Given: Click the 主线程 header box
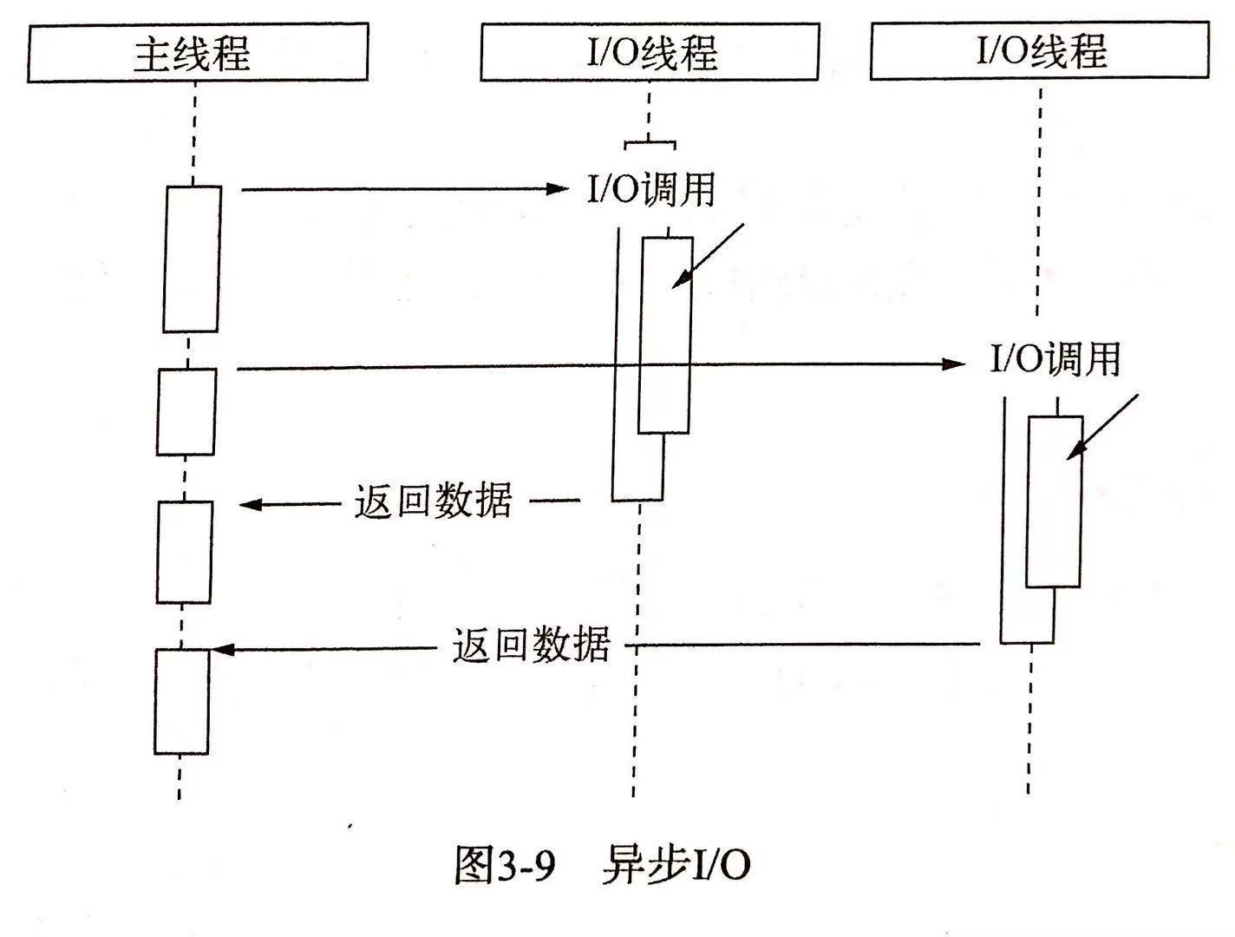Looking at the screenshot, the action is [x=198, y=52].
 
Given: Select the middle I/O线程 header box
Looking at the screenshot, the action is [x=650, y=52].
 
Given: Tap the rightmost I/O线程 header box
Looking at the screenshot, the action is [x=1040, y=50].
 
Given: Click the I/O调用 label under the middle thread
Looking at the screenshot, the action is [x=651, y=189].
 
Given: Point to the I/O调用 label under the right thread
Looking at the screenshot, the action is [x=1055, y=358].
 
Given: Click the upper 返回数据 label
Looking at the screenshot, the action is [x=433, y=501].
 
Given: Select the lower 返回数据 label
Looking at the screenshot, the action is [x=531, y=644].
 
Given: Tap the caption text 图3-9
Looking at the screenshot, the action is [x=505, y=865].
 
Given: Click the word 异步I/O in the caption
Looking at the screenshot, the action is [x=676, y=865].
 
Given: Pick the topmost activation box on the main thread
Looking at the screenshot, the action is [x=192, y=259].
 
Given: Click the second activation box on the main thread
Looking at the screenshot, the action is [x=186, y=412].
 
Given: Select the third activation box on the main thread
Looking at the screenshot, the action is [x=184, y=552].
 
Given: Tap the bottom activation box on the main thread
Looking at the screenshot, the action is [x=182, y=702].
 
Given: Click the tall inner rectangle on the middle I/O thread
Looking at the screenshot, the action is [x=665, y=336].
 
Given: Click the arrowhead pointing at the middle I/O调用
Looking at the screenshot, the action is [x=559, y=188].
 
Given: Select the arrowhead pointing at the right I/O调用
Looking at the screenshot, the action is [x=954, y=364].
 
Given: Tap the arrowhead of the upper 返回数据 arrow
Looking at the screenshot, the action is [x=251, y=504].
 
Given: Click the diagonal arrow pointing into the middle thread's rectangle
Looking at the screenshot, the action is [x=708, y=256].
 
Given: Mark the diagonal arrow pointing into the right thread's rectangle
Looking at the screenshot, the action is [x=1102, y=427].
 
